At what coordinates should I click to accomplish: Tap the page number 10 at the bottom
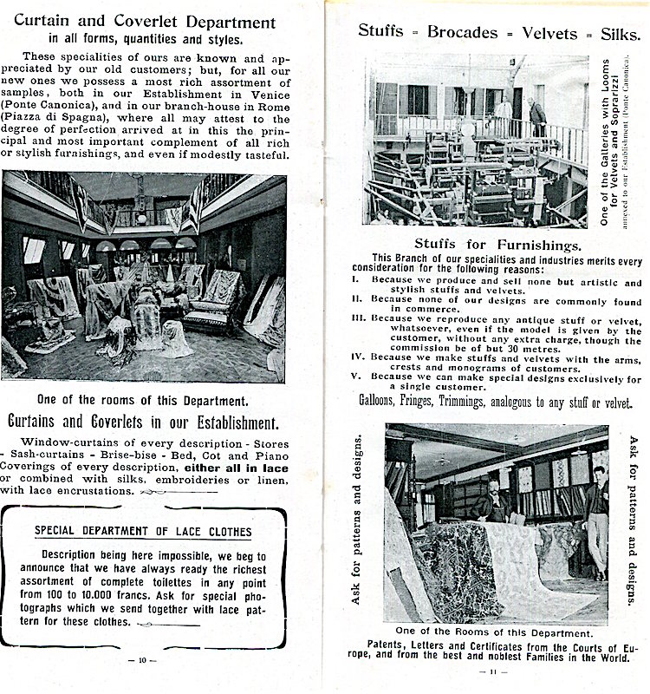(142, 660)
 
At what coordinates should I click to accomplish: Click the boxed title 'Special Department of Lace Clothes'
(143, 531)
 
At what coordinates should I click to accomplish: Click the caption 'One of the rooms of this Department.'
(141, 400)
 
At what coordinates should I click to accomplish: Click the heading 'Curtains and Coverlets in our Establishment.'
(142, 423)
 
